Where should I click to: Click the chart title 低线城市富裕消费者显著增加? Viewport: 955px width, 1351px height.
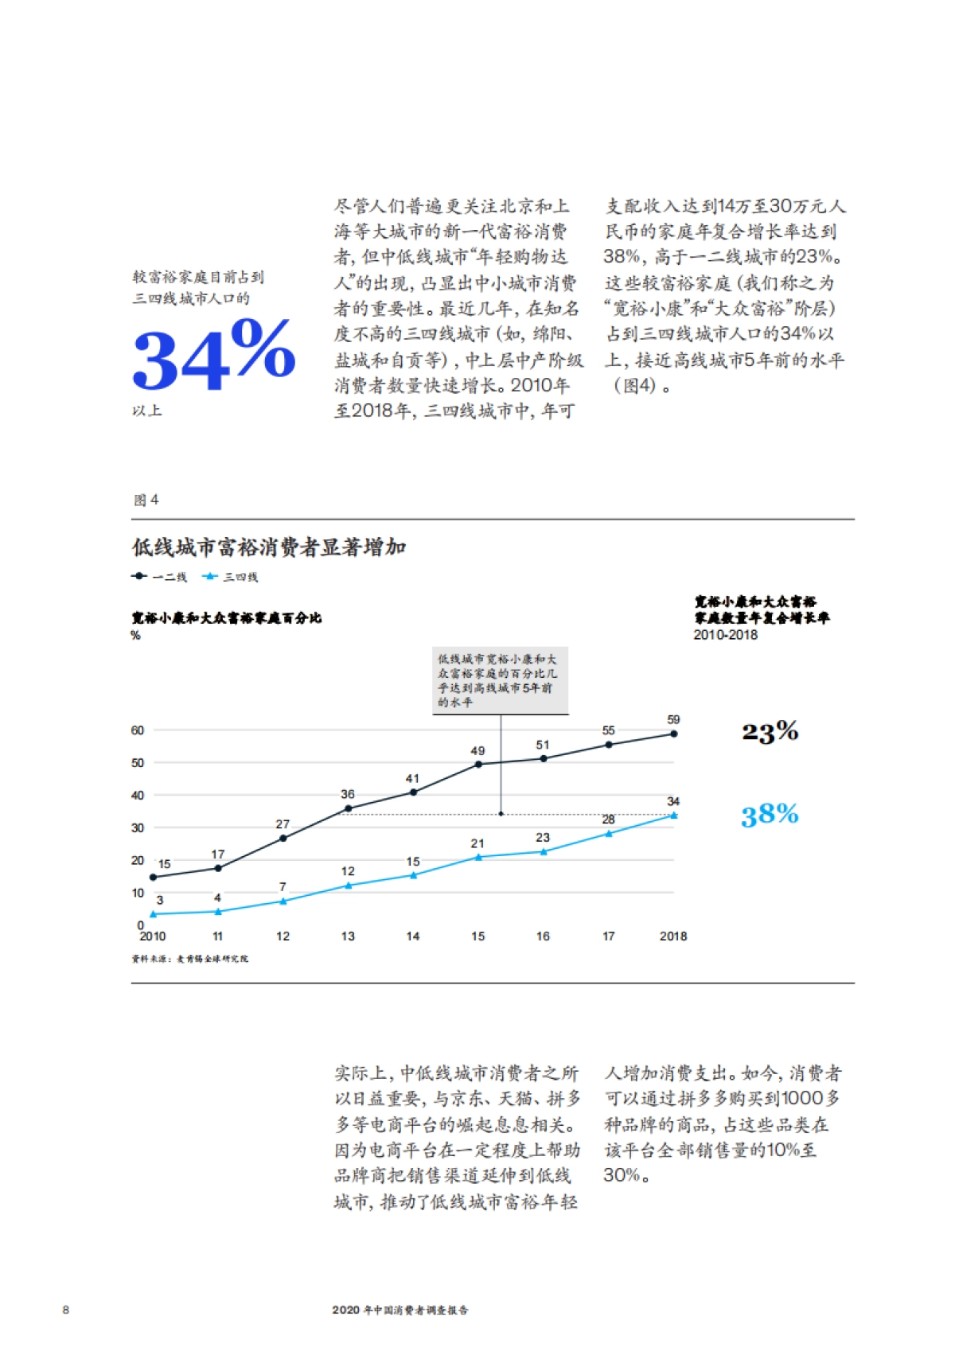tap(269, 547)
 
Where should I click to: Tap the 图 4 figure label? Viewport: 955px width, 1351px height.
tap(146, 500)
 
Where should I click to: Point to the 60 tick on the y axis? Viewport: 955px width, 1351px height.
tap(138, 730)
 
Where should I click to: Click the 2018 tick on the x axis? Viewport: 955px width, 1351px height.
tap(673, 936)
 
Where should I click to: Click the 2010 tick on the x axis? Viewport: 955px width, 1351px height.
tap(153, 936)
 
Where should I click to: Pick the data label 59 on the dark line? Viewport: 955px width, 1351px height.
tap(673, 720)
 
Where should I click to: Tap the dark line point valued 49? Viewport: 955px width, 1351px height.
tap(478, 765)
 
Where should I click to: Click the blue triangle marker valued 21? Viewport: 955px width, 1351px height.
tap(478, 857)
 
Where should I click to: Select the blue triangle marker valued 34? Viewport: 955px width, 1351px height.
tap(674, 816)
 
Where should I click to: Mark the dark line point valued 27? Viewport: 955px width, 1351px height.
tap(283, 838)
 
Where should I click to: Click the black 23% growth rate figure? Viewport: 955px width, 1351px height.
tap(770, 731)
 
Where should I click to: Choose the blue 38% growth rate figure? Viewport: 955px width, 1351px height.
tap(770, 815)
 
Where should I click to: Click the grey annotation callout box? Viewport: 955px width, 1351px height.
tap(501, 680)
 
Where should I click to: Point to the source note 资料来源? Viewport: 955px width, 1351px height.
tap(190, 959)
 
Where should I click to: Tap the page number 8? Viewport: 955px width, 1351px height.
tap(66, 1310)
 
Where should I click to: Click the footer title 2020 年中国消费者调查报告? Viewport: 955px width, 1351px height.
tap(400, 1310)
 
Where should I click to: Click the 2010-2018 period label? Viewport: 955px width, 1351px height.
tap(725, 635)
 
